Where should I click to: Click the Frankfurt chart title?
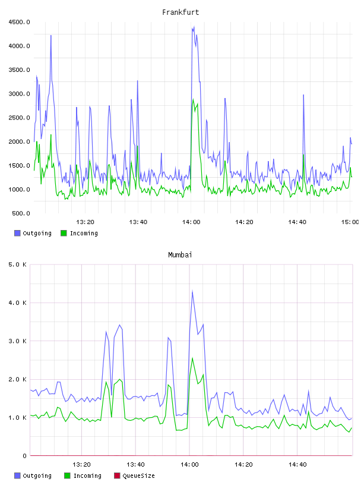point(180,12)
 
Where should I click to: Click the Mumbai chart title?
point(180,254)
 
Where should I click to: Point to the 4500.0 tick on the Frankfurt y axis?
point(19,22)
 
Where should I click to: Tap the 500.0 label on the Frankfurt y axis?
point(21,213)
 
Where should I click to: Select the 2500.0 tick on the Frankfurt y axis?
point(19,118)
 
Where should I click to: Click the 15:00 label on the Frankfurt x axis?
point(350,222)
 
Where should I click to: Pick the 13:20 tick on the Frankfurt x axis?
point(85,222)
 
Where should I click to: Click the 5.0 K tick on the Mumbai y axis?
point(17,264)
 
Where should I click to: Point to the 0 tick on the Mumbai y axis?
point(24,456)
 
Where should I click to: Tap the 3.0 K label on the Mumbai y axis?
point(17,341)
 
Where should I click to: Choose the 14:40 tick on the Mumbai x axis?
point(297,465)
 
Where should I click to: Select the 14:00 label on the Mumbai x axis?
point(189,465)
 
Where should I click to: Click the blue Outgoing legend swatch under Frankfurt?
point(17,233)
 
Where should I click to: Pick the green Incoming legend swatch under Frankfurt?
point(64,233)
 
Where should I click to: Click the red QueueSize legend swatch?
point(117,475)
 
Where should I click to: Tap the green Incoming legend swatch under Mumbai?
point(67,475)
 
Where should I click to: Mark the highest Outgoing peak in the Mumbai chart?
point(192,291)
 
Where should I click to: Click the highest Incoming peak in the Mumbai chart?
point(192,358)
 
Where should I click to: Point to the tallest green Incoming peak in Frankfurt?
point(193,99)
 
